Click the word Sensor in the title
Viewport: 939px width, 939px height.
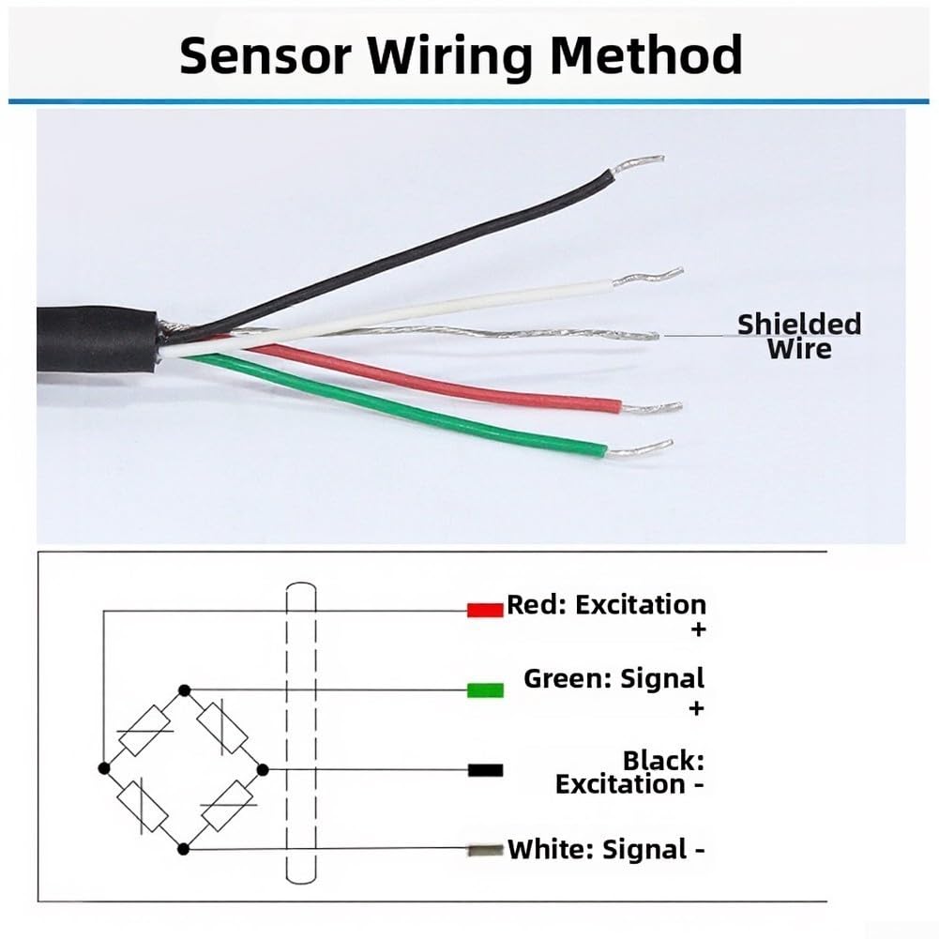point(265,55)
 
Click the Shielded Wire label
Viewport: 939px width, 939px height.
point(799,336)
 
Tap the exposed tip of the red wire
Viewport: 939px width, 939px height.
point(651,408)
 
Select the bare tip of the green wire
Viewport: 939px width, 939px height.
point(640,448)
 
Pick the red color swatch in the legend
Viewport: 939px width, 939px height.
point(485,611)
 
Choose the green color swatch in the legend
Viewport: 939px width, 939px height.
point(485,690)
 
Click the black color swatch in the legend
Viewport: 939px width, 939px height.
point(485,770)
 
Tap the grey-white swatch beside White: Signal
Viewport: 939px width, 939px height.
point(485,849)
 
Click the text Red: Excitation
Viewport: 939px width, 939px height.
point(606,605)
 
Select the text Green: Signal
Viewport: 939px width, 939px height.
point(613,679)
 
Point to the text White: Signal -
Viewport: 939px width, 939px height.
point(606,850)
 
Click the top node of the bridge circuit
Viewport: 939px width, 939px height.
point(185,690)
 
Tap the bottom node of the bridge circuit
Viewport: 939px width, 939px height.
point(184,849)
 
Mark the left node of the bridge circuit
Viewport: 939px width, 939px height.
point(104,767)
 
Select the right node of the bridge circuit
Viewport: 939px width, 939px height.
point(263,769)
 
